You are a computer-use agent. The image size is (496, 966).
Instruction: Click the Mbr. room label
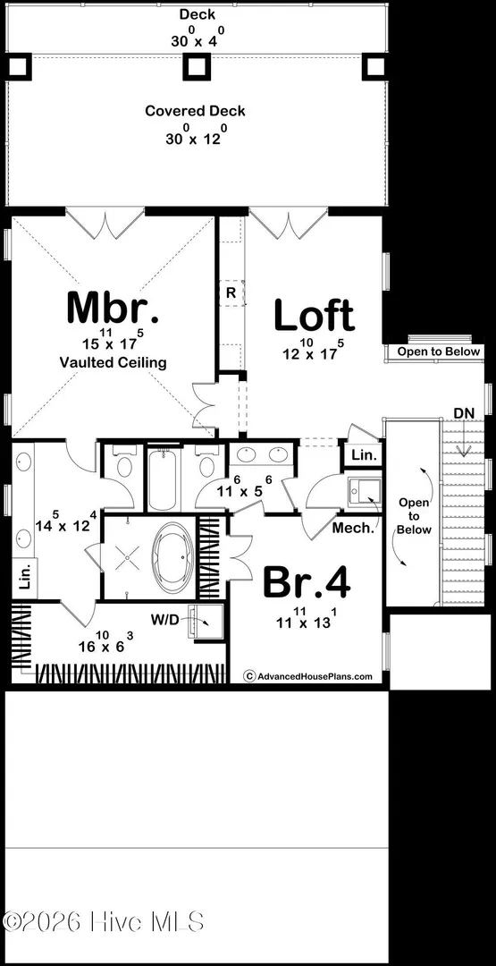point(113,308)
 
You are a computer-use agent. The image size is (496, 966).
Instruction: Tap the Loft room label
point(314,315)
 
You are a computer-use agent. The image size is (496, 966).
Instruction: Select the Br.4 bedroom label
point(307,582)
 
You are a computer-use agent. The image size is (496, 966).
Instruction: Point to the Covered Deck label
point(195,111)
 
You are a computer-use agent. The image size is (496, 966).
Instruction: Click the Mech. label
point(353,528)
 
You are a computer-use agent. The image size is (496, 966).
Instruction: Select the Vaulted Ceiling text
point(113,362)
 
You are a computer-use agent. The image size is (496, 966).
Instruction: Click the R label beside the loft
point(231,293)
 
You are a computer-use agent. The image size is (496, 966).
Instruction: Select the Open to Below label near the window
point(438,352)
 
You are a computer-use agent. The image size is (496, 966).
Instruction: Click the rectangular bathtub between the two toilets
point(163,480)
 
